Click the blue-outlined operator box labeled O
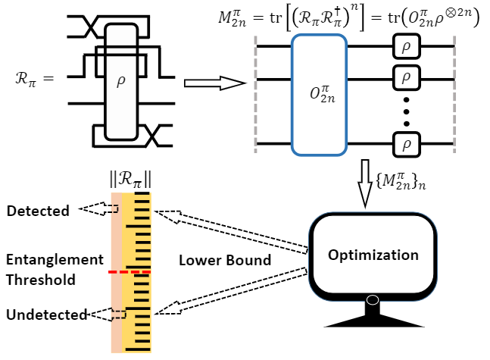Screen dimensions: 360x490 tap(319, 94)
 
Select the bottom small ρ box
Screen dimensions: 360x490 tap(406, 142)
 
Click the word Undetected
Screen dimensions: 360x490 tap(46, 314)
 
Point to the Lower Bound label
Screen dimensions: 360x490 tap(225, 261)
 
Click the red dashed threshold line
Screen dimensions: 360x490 tap(130, 271)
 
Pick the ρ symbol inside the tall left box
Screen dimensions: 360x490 tap(120, 82)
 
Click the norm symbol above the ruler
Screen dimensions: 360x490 tap(131, 180)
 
